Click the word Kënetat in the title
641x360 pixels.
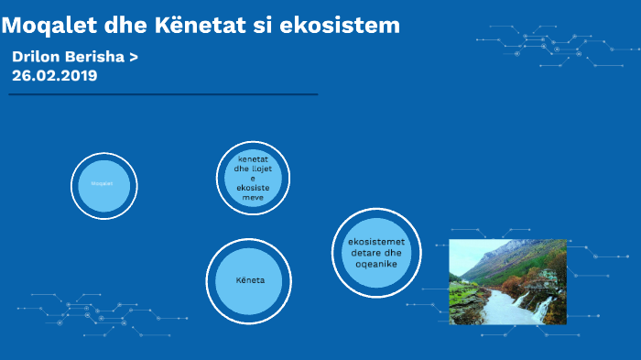194,26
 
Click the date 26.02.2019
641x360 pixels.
54,75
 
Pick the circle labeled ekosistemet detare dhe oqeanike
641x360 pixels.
375,253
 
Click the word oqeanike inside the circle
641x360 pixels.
375,264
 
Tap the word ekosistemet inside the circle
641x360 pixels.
375,242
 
